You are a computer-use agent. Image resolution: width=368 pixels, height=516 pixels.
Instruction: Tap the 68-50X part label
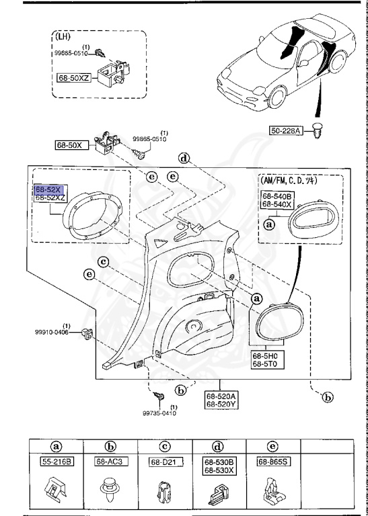click(67, 144)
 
